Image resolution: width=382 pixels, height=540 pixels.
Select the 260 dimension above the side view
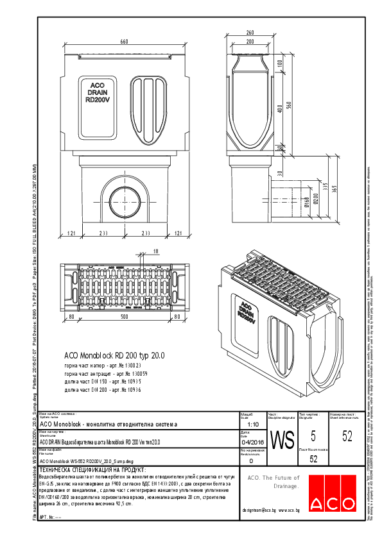coord(249,33)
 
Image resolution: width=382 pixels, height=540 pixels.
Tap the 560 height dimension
coord(290,105)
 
